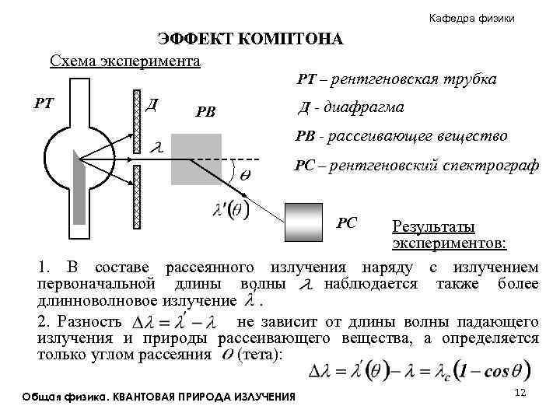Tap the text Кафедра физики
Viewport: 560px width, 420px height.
(x=471, y=18)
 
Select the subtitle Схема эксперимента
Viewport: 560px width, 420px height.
(x=125, y=60)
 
